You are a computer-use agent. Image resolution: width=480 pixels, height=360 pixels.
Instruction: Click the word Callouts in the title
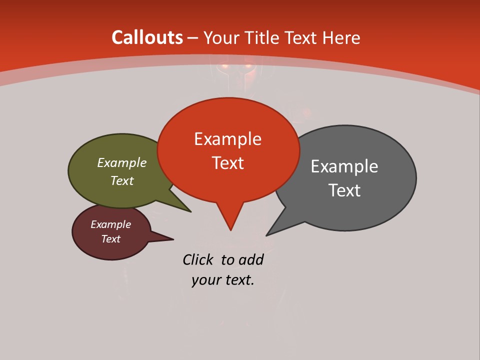pos(147,37)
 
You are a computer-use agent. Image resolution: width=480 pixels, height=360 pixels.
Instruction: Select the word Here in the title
pos(341,37)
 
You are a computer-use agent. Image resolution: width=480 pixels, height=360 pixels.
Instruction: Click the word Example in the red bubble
pos(227,139)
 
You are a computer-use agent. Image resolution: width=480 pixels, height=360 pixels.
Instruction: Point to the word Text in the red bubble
pos(227,163)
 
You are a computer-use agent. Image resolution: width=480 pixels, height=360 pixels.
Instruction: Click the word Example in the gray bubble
pos(344,166)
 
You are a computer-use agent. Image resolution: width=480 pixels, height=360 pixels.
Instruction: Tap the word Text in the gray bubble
pos(344,190)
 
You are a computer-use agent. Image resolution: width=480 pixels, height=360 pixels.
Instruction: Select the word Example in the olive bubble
pos(122,163)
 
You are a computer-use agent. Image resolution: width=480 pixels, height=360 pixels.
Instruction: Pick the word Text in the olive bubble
pos(122,181)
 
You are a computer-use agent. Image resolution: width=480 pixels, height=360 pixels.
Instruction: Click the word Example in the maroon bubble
pos(111,224)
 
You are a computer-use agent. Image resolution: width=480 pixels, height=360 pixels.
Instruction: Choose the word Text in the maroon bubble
pos(111,239)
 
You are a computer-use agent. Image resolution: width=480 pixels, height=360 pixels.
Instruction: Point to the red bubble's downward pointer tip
pos(230,229)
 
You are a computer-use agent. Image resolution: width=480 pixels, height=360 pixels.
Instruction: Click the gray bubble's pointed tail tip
pos(267,235)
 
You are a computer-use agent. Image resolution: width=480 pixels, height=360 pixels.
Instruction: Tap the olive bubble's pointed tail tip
pos(190,211)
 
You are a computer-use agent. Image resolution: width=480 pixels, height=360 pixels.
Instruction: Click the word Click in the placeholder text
pos(197,259)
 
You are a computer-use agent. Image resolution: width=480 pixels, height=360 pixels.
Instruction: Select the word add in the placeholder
pos(251,259)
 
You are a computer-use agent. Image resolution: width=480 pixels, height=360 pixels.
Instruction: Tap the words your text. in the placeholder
pos(223,280)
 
